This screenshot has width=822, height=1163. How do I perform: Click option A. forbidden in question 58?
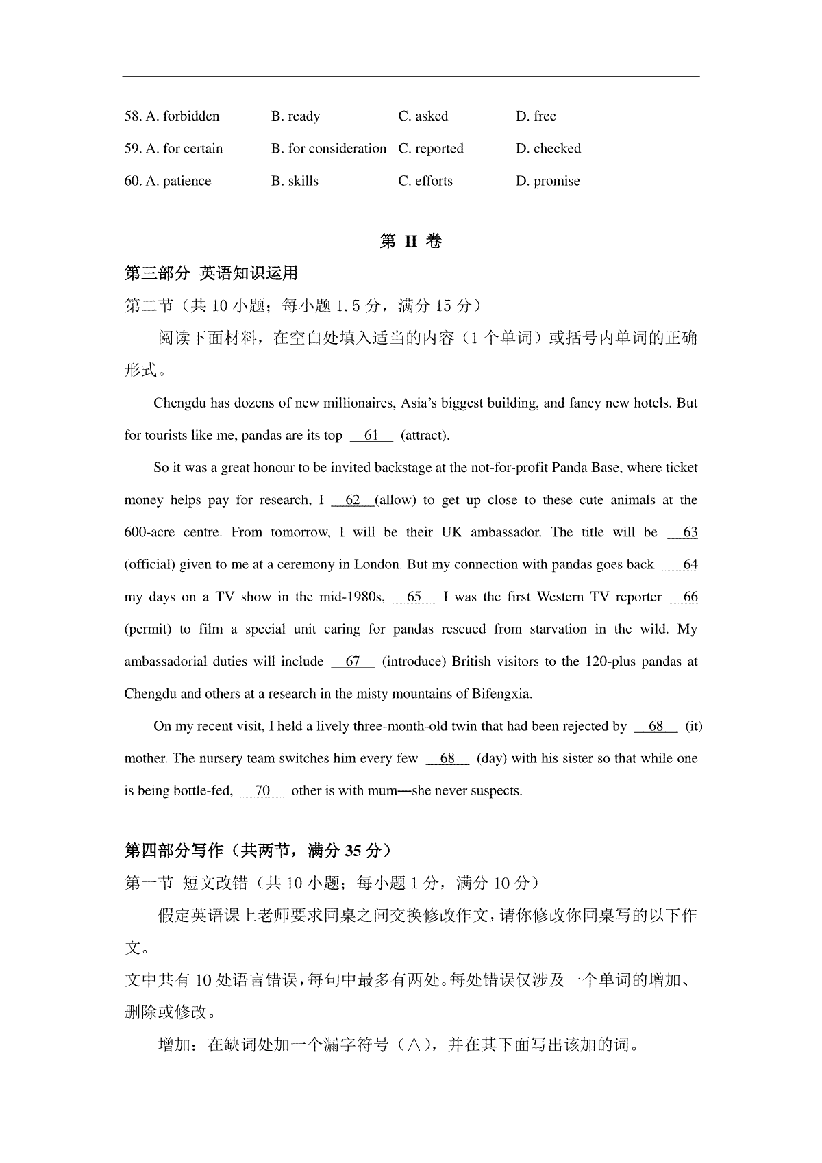172,116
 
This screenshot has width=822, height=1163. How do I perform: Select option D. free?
536,116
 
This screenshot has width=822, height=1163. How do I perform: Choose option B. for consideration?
329,149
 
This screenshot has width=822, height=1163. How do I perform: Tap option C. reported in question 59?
431,149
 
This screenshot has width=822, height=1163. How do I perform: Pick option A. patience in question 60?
168,182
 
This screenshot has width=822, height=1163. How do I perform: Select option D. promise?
548,182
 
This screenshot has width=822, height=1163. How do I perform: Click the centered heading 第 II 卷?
411,241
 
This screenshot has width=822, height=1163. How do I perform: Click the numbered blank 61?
371,436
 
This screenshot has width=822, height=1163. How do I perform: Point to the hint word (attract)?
425,436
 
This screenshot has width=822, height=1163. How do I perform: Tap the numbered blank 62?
352,500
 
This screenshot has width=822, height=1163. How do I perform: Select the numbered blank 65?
414,597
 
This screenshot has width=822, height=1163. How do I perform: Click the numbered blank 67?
352,662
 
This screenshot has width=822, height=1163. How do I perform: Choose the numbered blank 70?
262,791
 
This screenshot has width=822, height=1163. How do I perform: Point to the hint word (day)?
493,759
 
